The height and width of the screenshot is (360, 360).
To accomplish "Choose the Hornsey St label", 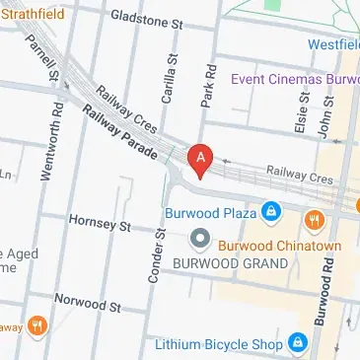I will click(100, 224).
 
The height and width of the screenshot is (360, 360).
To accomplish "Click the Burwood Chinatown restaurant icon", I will click(314, 218).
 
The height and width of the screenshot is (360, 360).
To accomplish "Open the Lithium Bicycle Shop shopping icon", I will click(297, 344).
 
